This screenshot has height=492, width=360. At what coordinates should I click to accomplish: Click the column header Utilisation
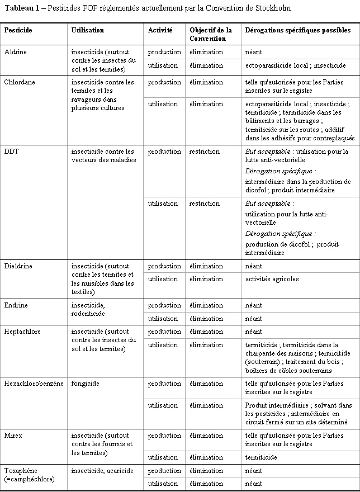(x=88, y=30)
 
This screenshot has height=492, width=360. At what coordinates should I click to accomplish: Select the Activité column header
(x=160, y=30)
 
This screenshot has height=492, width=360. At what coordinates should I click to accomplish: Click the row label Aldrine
(x=16, y=52)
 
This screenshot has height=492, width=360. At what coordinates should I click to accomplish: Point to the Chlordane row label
(x=20, y=82)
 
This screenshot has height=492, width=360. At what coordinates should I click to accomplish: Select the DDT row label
(x=11, y=152)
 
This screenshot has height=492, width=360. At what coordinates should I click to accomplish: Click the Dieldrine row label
(x=18, y=266)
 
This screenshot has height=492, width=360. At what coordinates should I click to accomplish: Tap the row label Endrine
(x=16, y=305)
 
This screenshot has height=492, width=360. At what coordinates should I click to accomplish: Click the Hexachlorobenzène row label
(x=34, y=384)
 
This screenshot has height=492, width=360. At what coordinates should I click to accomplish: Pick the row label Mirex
(x=13, y=436)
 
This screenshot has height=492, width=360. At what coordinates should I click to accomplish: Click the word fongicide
(x=86, y=384)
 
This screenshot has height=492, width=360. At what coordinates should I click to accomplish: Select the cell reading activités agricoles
(x=272, y=279)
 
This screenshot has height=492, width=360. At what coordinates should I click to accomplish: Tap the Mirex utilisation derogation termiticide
(x=261, y=457)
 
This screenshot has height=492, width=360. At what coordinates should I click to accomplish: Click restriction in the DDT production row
(x=204, y=152)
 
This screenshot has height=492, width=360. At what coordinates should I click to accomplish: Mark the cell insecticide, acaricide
(x=102, y=471)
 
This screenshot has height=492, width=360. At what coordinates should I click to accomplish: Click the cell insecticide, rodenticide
(x=88, y=309)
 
